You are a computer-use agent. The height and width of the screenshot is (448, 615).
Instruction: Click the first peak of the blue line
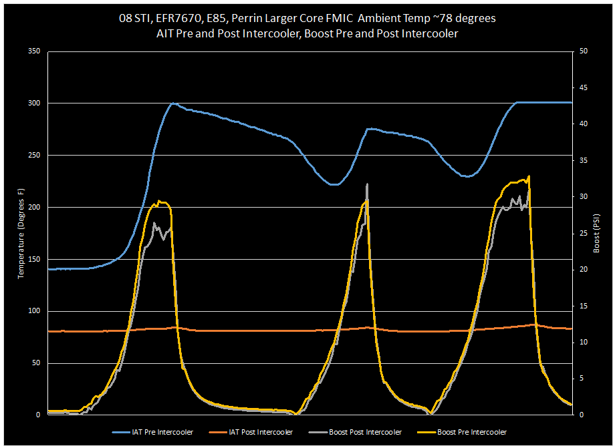[172, 103]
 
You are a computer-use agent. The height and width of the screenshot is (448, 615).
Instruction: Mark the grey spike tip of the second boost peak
[367, 184]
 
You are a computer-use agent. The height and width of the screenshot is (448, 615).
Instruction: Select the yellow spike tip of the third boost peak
[529, 176]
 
